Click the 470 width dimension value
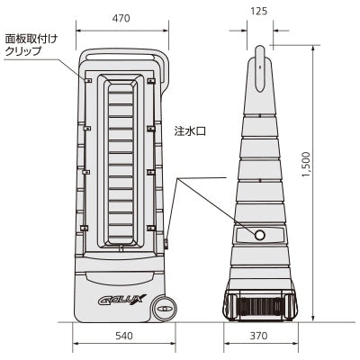[x=121, y=19]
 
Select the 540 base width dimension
[x=124, y=336]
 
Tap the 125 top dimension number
[x=258, y=11]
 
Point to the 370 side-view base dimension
[x=258, y=336]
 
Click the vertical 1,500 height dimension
[x=306, y=165]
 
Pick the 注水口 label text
[x=190, y=131]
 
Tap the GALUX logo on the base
[x=122, y=299]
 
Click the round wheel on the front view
[x=163, y=309]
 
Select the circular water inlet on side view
[x=260, y=235]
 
